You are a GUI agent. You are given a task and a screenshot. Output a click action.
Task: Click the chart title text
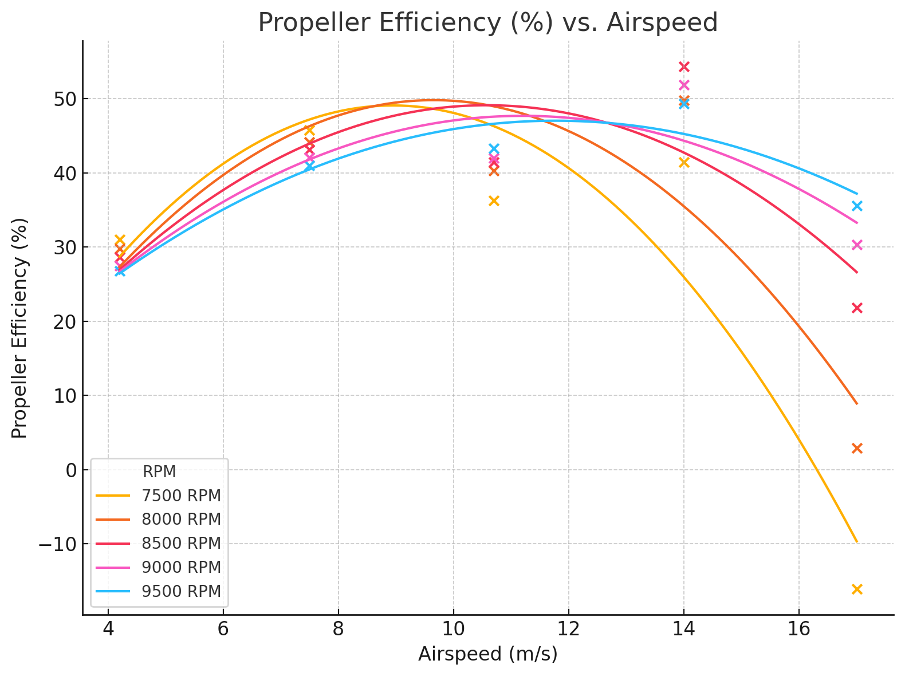click(487, 23)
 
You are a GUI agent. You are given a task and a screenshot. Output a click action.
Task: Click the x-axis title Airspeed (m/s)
click(487, 654)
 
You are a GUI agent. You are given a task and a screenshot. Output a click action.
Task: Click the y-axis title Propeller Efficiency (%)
click(19, 328)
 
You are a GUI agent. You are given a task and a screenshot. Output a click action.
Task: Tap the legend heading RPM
click(159, 472)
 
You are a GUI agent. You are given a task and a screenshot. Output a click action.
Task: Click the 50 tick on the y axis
click(64, 99)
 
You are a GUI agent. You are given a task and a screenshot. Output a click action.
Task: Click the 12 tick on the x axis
click(569, 629)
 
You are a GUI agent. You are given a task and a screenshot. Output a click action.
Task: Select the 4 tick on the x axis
click(108, 629)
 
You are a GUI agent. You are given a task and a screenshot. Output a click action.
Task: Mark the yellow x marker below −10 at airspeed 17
click(857, 589)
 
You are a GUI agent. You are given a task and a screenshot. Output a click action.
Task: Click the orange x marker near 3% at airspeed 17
click(857, 448)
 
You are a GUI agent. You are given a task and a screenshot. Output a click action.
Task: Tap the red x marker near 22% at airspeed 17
click(857, 308)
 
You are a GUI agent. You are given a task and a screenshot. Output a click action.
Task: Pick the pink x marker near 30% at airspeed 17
click(857, 245)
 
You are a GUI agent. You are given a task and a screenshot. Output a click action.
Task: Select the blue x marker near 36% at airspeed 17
click(857, 206)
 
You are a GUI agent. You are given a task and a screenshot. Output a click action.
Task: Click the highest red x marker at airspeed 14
click(684, 67)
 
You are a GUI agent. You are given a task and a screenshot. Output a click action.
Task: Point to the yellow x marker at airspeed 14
click(684, 163)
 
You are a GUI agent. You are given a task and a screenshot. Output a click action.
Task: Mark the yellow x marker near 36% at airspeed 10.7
click(494, 201)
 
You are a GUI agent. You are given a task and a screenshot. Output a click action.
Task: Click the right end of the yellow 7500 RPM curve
click(857, 541)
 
